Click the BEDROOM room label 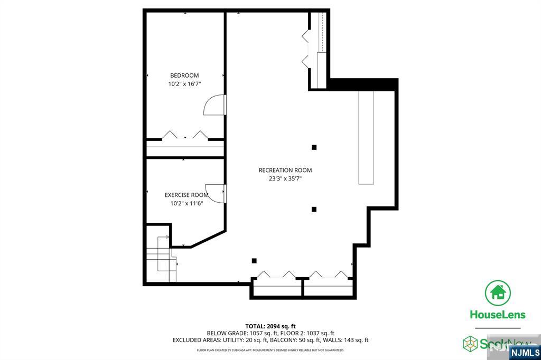pyautogui.click(x=184, y=75)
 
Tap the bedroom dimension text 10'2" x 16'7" pyautogui.click(x=184, y=84)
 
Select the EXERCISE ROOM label pyautogui.click(x=186, y=195)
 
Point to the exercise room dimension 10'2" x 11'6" pyautogui.click(x=186, y=203)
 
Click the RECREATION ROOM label pyautogui.click(x=285, y=170)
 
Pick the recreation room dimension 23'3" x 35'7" pyautogui.click(x=285, y=178)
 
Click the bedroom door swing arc pyautogui.click(x=213, y=105)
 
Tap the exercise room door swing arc pyautogui.click(x=214, y=192)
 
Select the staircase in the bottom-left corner pyautogui.click(x=161, y=259)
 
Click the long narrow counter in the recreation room pyautogui.click(x=366, y=137)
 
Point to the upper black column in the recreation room pyautogui.click(x=314, y=147)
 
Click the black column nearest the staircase pyautogui.click(x=254, y=260)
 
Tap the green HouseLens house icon pyautogui.click(x=498, y=292)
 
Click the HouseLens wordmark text pyautogui.click(x=498, y=315)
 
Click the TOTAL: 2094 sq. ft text pyautogui.click(x=270, y=326)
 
